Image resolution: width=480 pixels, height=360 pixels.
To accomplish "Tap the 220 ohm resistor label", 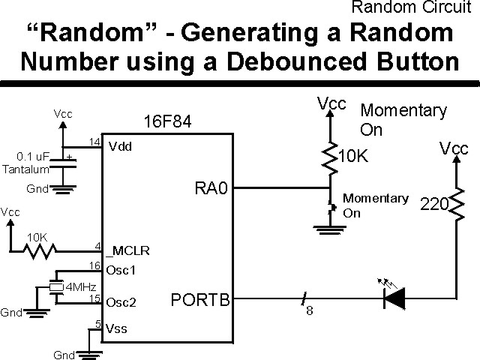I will pos(433,204).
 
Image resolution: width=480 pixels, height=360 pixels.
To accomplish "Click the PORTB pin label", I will pos(199,301).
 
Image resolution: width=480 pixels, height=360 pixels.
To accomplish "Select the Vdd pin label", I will pos(120,146).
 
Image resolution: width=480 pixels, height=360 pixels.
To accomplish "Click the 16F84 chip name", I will pos(166,122).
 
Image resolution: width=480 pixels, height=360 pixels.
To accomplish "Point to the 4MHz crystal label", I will pos(81,286).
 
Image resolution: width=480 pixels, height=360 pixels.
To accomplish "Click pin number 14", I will pos(94,142).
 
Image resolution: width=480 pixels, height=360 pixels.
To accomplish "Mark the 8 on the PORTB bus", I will pos(309,311).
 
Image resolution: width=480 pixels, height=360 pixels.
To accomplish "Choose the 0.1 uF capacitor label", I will pos(32,157).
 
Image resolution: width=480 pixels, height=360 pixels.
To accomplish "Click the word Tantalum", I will pos(25,169).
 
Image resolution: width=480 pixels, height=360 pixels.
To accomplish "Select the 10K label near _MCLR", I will pos(37,237).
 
